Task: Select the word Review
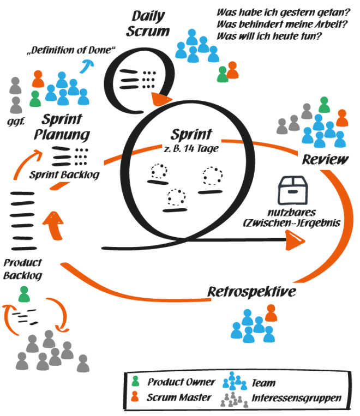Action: point(326,159)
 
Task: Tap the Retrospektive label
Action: point(252,292)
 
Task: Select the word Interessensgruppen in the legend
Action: point(296,398)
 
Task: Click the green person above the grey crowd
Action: point(23,295)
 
